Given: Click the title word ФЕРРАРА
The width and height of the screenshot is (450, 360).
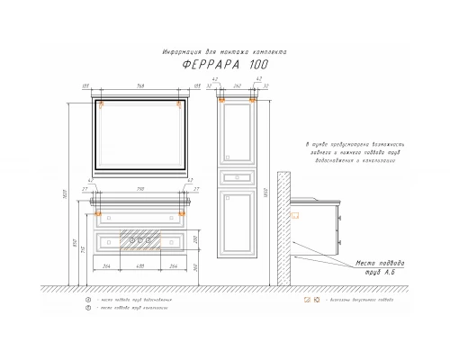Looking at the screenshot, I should point(206,66).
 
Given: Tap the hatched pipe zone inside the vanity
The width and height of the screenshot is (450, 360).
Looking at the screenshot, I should point(139,241).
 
